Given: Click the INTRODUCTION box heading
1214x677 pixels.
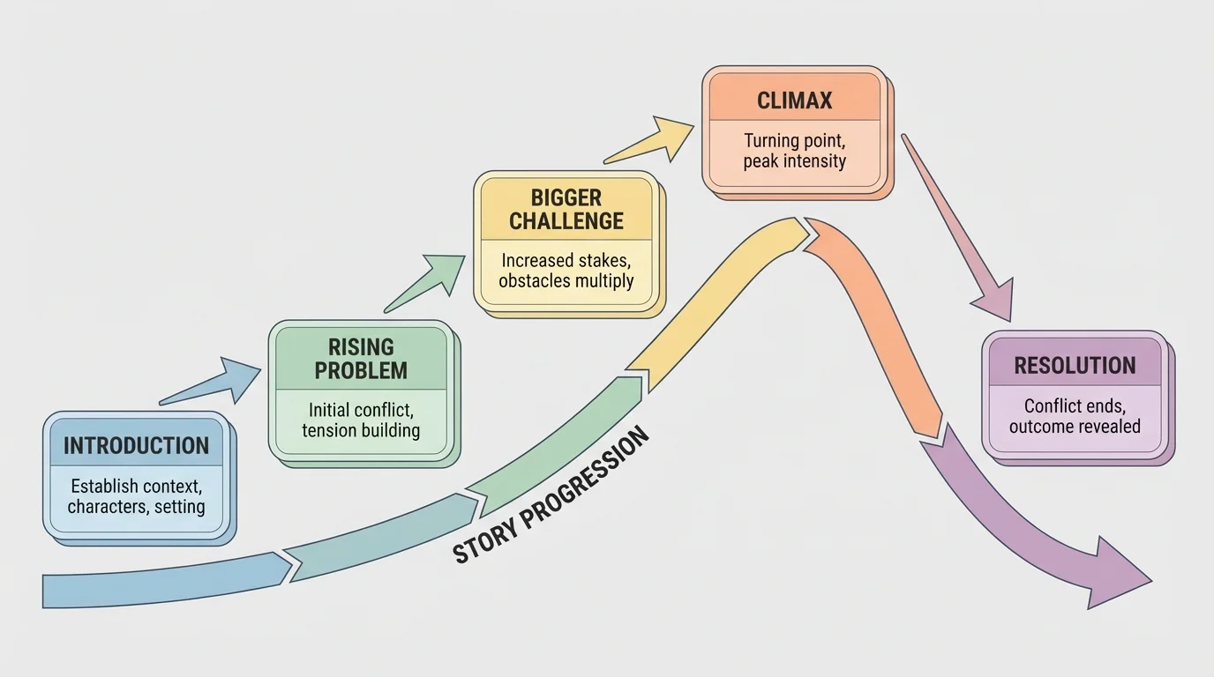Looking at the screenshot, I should (x=136, y=445).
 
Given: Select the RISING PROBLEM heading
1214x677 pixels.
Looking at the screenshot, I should (x=361, y=358).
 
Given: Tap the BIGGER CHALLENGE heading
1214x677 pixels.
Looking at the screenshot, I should (x=566, y=209).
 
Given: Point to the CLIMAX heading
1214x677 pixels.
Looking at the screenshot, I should (x=794, y=100).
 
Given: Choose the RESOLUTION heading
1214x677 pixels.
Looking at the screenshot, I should (x=1075, y=365).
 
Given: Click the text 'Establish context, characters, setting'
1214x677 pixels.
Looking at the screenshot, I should (x=136, y=495).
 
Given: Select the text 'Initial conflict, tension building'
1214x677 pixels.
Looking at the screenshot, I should (x=361, y=420).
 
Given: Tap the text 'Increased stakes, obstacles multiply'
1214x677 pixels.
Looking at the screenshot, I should (x=566, y=271).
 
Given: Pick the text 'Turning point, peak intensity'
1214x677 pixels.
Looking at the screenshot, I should (x=794, y=151).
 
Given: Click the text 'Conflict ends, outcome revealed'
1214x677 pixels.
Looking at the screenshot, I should (x=1075, y=416).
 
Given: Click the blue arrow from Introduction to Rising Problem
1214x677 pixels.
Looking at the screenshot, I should (x=212, y=381).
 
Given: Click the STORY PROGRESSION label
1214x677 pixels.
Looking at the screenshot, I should (x=551, y=495).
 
